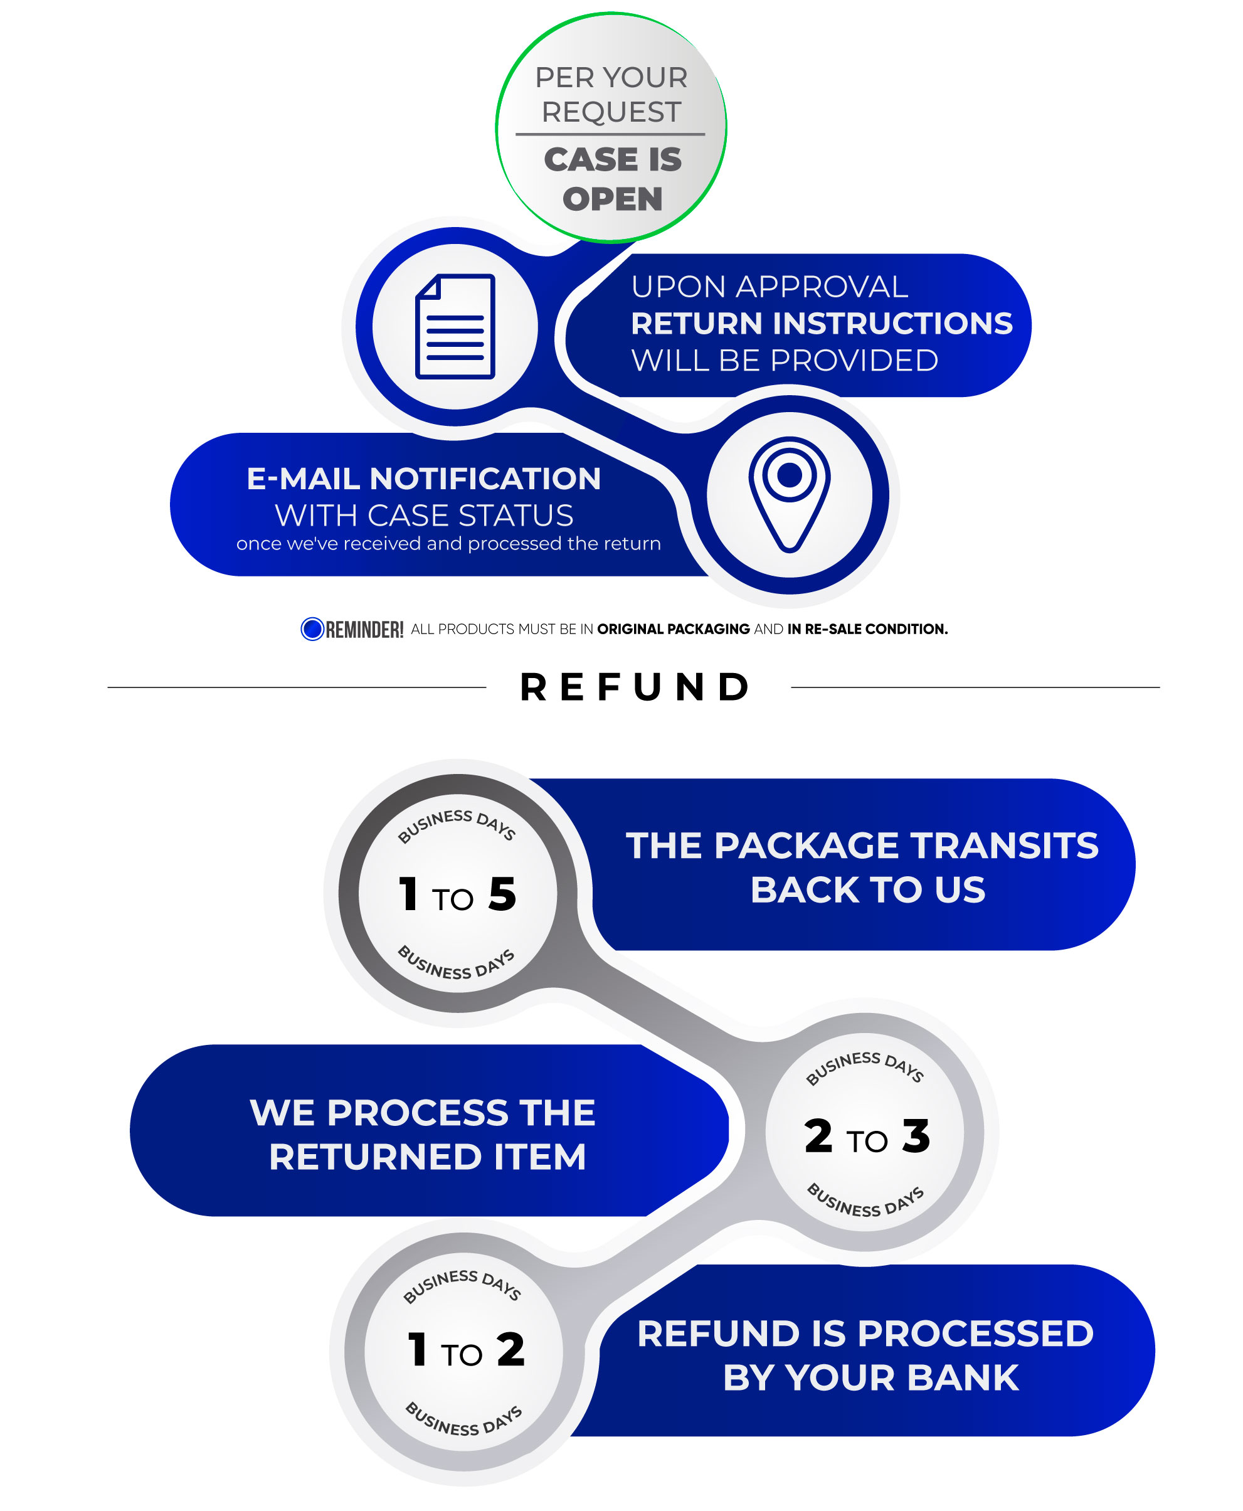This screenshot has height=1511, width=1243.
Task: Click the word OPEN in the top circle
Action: (x=612, y=199)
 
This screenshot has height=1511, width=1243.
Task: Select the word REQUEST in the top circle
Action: (x=611, y=112)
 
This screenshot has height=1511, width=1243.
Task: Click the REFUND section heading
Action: (x=635, y=687)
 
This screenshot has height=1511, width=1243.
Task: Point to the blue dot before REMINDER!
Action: (x=312, y=628)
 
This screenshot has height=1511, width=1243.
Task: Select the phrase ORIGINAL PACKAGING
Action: (x=673, y=628)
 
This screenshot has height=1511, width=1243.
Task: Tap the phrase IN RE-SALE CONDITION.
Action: (x=867, y=628)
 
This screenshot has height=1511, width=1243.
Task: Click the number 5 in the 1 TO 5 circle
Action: (x=502, y=894)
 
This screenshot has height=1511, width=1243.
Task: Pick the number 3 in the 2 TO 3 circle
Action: (x=916, y=1136)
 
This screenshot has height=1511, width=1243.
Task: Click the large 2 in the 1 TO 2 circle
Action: (x=510, y=1349)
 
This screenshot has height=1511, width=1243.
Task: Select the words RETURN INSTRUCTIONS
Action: (x=822, y=324)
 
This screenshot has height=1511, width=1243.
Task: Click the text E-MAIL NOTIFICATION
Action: (x=423, y=479)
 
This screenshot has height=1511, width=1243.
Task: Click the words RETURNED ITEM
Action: (x=428, y=1157)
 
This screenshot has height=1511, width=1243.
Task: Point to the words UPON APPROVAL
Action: (x=769, y=287)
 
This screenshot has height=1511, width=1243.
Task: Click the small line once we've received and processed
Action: (x=448, y=544)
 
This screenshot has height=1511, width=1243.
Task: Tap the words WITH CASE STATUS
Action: (x=424, y=516)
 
